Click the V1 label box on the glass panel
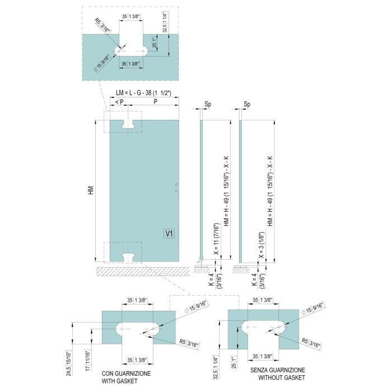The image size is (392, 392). (x=169, y=234)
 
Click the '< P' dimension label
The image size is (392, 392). (x=119, y=102)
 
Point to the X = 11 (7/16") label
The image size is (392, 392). (x=217, y=239)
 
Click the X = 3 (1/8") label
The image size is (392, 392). (x=262, y=244)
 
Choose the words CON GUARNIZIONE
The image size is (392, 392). (x=126, y=374)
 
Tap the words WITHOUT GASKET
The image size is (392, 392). (x=282, y=377)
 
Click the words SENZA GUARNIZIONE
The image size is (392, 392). (x=278, y=370)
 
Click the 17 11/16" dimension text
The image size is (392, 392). (x=88, y=360)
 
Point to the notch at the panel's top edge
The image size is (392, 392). (x=128, y=124)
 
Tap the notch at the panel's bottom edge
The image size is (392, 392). (x=128, y=257)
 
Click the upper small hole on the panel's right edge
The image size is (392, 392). (x=176, y=184)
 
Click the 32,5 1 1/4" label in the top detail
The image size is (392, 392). (x=165, y=22)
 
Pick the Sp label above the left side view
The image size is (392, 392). (x=208, y=104)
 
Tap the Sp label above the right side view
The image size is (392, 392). (x=247, y=104)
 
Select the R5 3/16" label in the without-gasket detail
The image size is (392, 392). (x=311, y=343)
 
